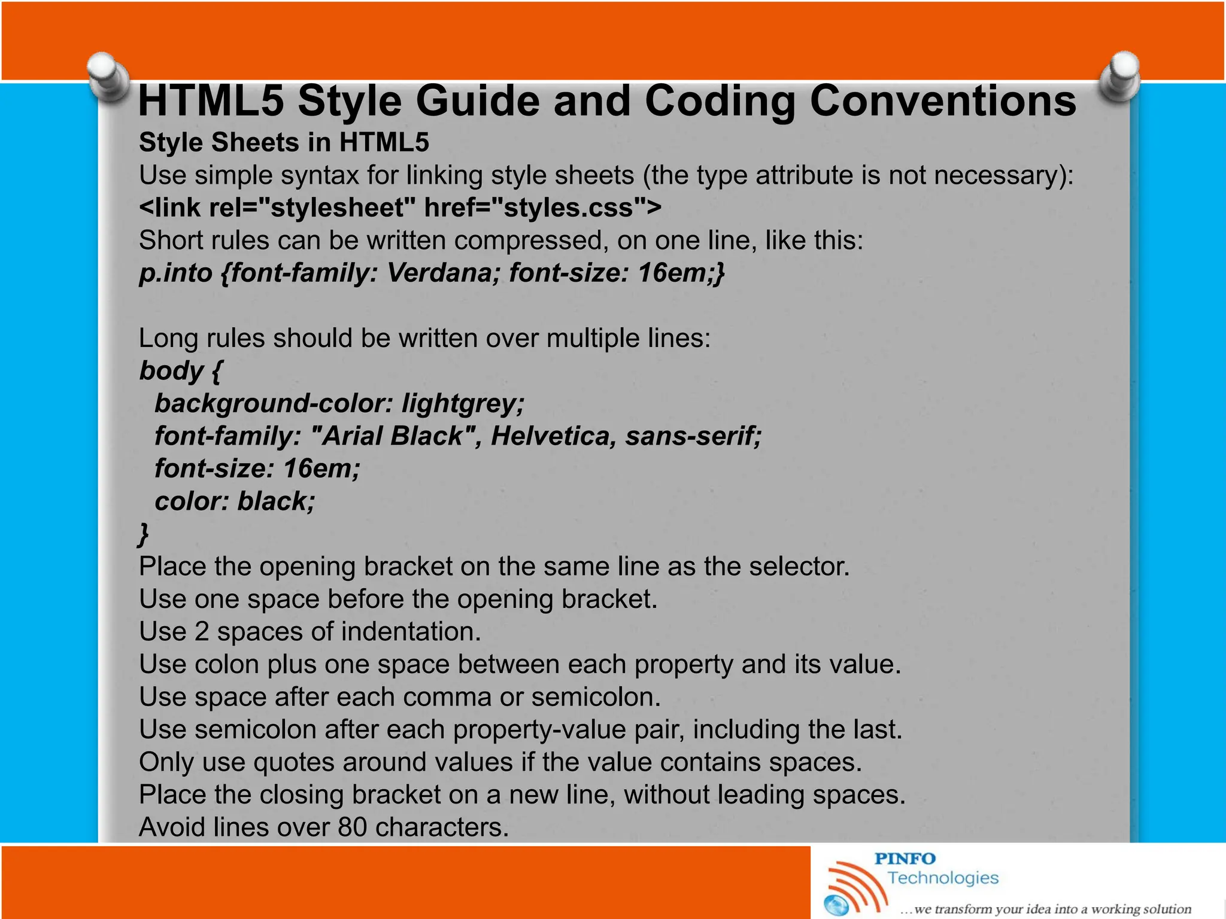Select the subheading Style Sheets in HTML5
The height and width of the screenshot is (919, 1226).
tap(284, 142)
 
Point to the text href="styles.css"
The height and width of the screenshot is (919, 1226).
tap(536, 208)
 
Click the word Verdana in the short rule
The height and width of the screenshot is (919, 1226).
tap(443, 273)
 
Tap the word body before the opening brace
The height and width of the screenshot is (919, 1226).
tap(171, 370)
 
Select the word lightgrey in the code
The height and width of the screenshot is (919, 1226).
tap(462, 403)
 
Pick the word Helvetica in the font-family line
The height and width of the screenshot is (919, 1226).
tap(553, 436)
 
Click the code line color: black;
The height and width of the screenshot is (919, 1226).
tap(235, 501)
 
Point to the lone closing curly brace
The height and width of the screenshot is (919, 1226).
tap(144, 532)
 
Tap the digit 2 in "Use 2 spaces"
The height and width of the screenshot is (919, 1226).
tap(202, 632)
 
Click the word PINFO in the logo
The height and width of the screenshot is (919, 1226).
tap(905, 859)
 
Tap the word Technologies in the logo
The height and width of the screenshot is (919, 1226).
tap(943, 878)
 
